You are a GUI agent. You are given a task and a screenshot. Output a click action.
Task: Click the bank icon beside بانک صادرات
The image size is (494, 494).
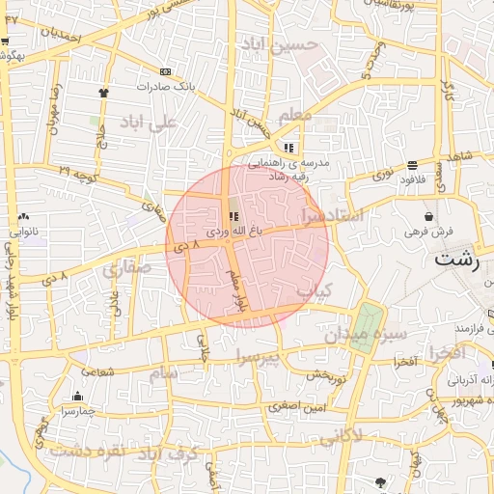point(166,71)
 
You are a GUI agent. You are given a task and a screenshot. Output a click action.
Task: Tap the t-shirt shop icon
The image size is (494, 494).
point(103,93)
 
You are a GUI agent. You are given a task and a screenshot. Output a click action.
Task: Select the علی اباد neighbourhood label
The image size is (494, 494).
point(150,123)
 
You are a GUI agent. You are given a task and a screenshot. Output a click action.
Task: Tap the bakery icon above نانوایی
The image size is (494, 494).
point(23,217)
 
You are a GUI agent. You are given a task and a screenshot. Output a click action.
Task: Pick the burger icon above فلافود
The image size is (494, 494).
point(413,165)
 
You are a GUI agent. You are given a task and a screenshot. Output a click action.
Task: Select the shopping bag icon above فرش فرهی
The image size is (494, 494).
point(427,217)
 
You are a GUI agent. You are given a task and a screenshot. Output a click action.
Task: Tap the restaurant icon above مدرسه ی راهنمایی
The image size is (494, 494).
point(288,149)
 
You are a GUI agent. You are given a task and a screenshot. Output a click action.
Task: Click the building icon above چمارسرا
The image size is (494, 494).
point(77,396)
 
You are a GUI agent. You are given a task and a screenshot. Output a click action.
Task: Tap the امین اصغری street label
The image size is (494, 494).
point(301,408)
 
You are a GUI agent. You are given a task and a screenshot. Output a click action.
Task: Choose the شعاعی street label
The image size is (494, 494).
point(99,370)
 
